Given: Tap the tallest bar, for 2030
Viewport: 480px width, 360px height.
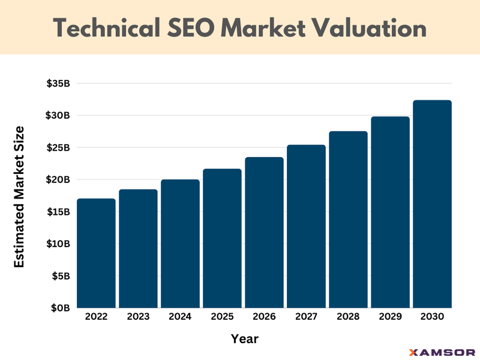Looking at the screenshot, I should (x=432, y=204).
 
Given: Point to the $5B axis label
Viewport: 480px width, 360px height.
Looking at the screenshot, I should (x=61, y=276).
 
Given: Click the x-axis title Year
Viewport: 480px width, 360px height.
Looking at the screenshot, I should (x=245, y=339).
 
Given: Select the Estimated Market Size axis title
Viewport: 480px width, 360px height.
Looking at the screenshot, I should (x=19, y=196).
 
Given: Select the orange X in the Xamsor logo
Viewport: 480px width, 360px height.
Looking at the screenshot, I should (x=412, y=352).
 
